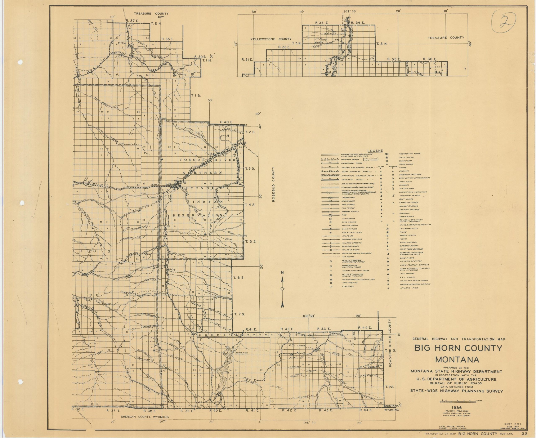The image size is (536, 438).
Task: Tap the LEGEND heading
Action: tap(375, 151)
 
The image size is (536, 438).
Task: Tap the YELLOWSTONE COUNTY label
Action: tap(271, 39)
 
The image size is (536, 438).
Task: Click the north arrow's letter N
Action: tap(282, 272)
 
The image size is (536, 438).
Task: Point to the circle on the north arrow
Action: tap(282, 289)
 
